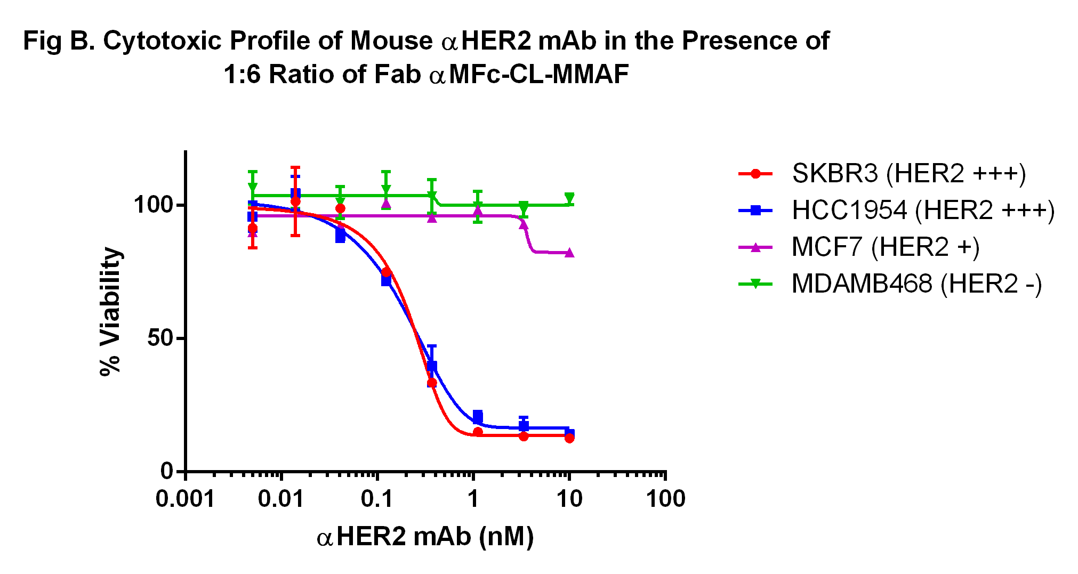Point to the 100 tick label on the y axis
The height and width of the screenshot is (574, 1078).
tap(154, 205)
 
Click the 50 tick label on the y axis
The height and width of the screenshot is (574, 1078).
tap(160, 338)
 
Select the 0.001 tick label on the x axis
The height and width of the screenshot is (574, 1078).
tap(185, 499)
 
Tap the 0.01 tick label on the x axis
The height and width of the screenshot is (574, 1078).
tap(281, 499)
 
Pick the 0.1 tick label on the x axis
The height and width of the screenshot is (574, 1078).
tap(377, 499)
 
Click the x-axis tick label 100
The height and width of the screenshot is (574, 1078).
tap(665, 499)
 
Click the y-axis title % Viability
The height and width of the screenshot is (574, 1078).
tap(111, 312)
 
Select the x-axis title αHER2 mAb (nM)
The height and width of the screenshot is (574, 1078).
tap(425, 537)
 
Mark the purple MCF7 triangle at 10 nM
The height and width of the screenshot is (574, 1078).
tap(569, 253)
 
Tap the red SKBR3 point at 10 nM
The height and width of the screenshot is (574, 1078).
tap(569, 438)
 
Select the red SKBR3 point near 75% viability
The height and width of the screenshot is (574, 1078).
tap(387, 272)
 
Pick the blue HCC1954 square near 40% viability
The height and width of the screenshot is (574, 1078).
tap(432, 366)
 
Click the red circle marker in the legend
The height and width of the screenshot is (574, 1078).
tap(755, 173)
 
